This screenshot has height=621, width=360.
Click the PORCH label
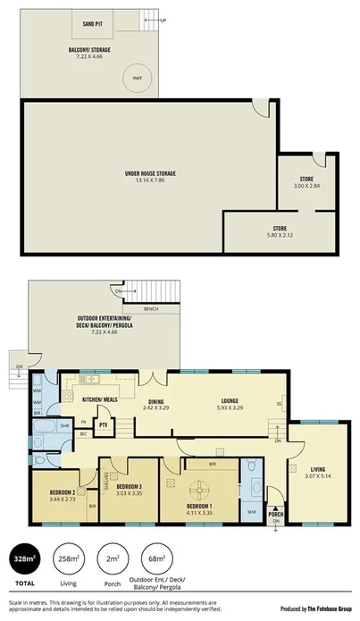(276, 515)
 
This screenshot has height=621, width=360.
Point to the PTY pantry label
(104, 425)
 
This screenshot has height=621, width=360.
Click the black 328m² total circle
(24, 559)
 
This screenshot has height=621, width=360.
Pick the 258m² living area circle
(69, 559)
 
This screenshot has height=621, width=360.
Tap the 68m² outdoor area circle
(156, 559)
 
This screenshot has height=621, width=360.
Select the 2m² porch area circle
(113, 559)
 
